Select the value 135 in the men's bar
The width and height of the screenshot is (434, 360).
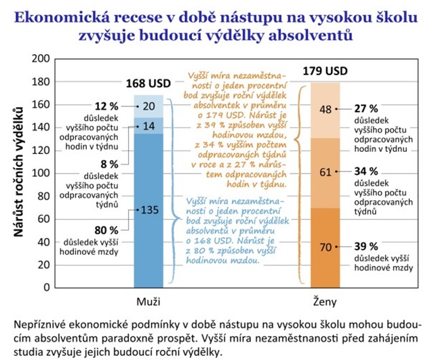point(150,209)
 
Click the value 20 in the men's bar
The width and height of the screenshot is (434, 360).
point(149,106)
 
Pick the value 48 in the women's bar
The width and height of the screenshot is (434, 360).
point(325,110)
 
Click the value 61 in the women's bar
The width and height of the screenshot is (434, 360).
point(325,172)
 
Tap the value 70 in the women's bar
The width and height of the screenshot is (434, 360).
point(325,247)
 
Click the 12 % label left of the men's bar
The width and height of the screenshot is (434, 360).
point(107,106)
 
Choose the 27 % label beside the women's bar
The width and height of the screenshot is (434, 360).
point(366,107)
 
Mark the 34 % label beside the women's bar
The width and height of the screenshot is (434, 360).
point(366,172)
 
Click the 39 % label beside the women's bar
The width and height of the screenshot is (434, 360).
point(366,245)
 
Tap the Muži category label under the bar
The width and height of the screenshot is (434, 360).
point(150,299)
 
